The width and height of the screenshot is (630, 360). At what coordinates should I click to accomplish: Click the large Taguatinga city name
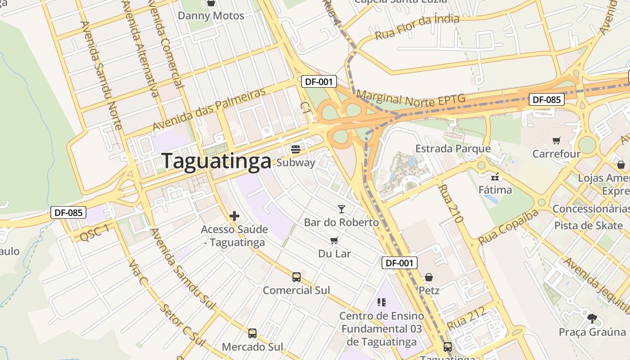(216, 161)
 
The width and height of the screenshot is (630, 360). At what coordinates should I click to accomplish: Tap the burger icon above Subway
(296, 148)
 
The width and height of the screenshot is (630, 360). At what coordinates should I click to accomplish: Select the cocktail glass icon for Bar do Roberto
(342, 209)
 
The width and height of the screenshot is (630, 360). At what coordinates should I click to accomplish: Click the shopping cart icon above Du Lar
(334, 240)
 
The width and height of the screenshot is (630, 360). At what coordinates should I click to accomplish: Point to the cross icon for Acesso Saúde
(234, 216)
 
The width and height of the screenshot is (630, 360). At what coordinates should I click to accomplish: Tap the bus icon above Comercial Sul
(296, 277)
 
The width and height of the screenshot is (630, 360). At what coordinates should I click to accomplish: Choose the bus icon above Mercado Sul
(252, 333)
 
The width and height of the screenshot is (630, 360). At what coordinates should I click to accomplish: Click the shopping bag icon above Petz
(429, 277)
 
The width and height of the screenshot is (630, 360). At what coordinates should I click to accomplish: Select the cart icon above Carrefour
(556, 140)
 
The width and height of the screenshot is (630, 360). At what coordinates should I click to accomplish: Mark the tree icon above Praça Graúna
(592, 319)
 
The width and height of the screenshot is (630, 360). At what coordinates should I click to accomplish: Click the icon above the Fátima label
(495, 176)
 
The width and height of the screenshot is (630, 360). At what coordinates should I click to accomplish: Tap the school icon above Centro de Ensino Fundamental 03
(382, 302)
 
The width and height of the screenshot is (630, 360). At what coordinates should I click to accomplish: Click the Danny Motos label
(211, 16)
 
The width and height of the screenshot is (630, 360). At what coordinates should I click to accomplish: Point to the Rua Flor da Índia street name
(417, 27)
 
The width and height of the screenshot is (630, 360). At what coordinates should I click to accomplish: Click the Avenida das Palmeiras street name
(209, 109)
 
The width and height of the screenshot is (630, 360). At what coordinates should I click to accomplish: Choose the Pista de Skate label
(588, 225)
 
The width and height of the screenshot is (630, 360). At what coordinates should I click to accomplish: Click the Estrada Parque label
(453, 148)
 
